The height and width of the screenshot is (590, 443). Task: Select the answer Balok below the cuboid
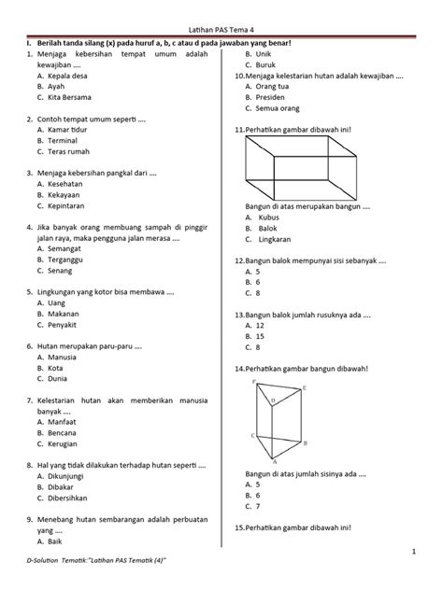268,228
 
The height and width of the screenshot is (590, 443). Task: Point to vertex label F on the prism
253,383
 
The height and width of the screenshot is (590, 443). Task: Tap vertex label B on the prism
307,443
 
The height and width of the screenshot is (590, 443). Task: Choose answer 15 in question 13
266,335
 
